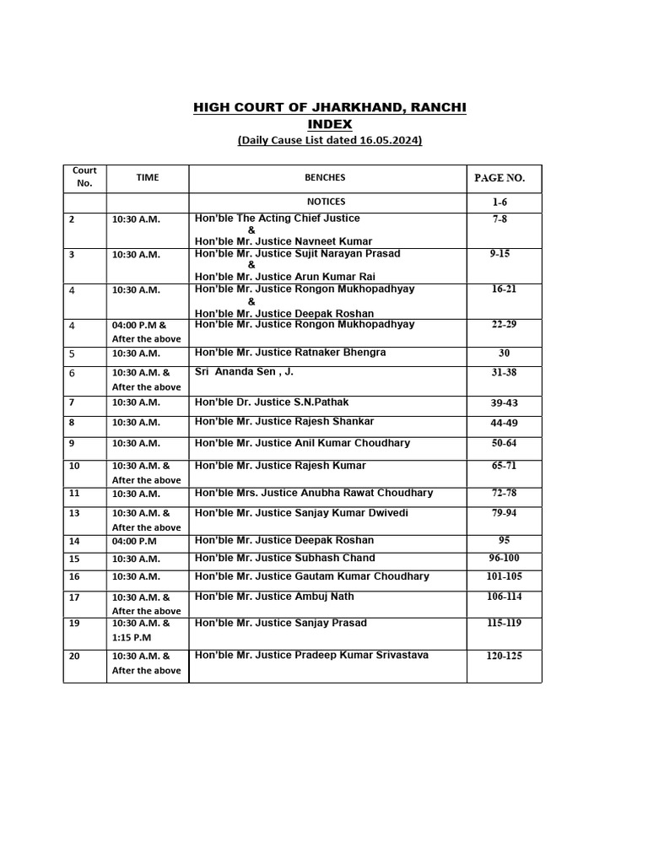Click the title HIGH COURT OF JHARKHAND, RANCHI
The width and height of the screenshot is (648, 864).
(329, 108)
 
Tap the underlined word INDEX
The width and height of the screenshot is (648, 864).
(329, 124)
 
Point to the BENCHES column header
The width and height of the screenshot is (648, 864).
(325, 178)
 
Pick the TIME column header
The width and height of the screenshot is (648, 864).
(148, 178)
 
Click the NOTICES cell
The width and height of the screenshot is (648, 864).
(326, 202)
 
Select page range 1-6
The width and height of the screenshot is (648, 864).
(499, 202)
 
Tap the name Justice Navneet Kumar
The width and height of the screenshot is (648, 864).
(283, 241)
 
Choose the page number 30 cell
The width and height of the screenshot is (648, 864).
(504, 354)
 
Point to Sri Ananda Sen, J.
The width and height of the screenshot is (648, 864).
(245, 371)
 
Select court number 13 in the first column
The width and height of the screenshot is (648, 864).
(74, 513)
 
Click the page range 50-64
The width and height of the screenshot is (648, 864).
(505, 444)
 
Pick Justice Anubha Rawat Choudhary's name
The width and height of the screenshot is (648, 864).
(314, 493)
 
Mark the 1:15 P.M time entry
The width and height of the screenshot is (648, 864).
(132, 638)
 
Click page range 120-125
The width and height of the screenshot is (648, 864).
(505, 656)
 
